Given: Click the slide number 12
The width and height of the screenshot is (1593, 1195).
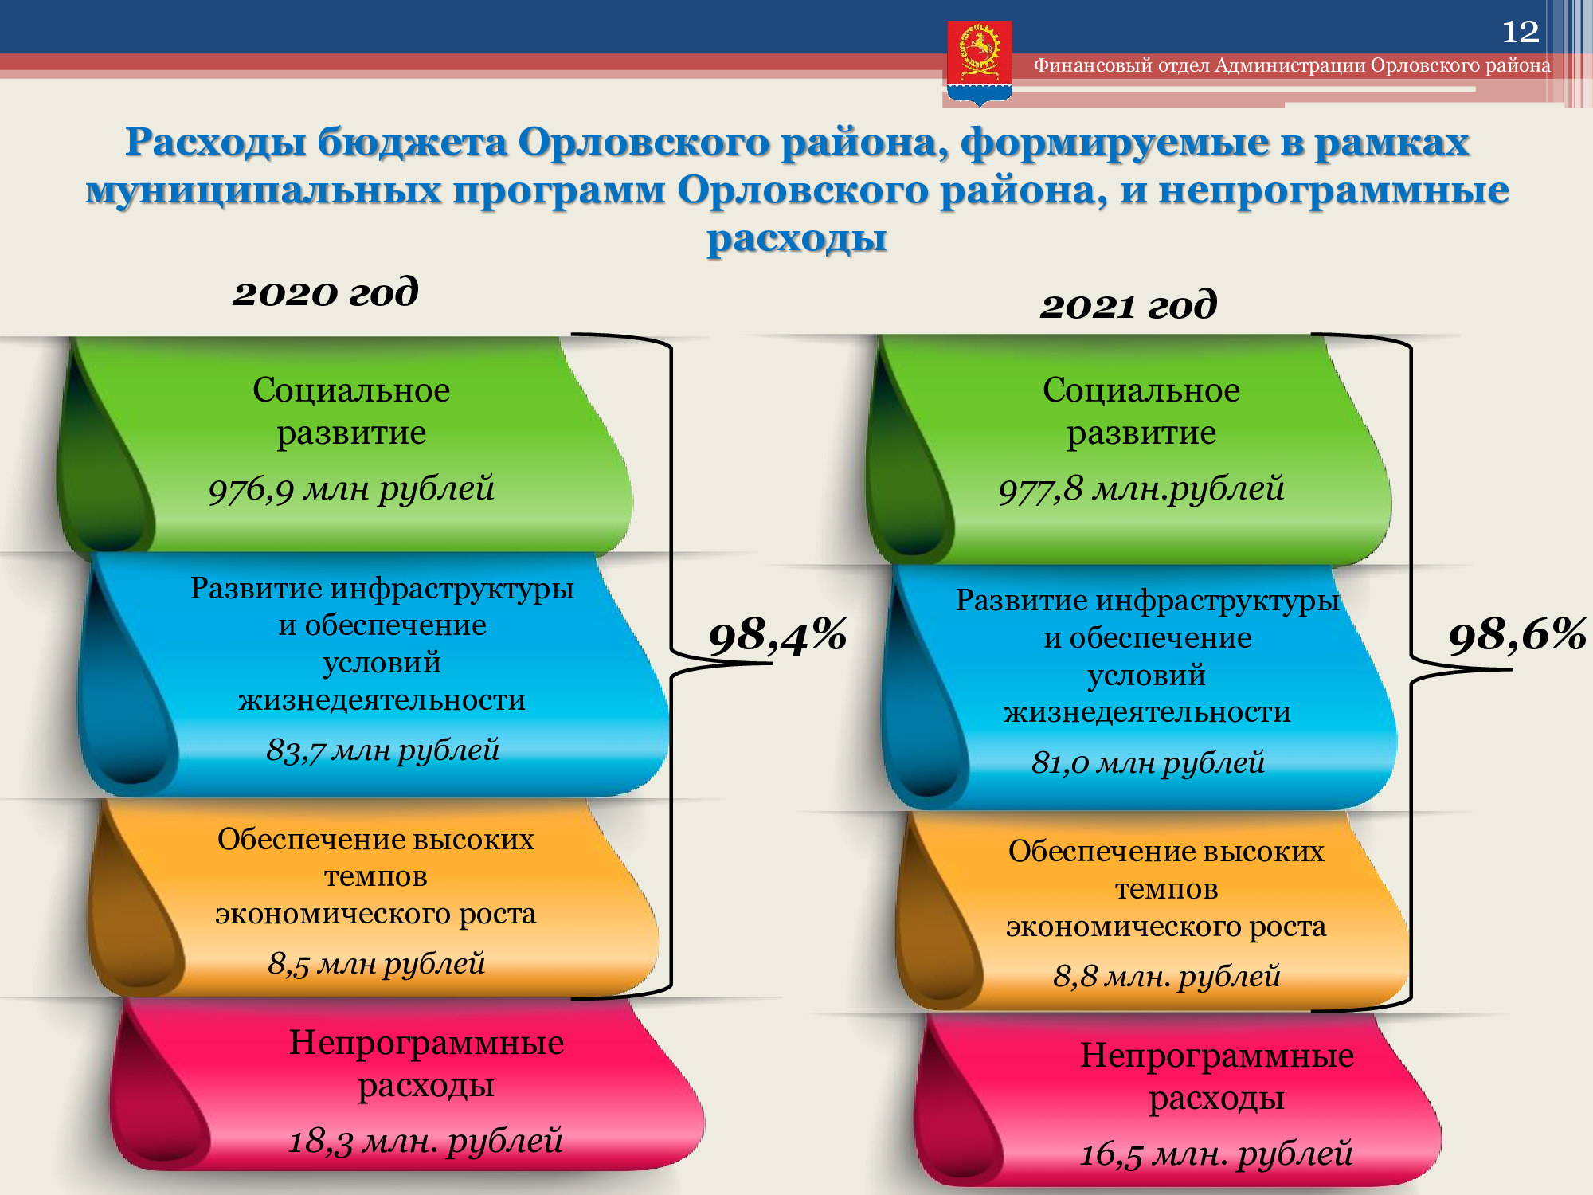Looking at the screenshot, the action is pos(1520,32).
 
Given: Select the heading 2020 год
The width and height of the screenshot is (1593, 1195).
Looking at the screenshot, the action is pos(325,292).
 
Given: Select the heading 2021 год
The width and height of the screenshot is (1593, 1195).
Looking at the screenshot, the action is pos(1129,305).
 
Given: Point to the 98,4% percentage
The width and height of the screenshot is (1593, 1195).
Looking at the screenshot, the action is pos(777,637).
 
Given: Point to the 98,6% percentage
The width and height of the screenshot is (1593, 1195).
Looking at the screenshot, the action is pos(1517,637).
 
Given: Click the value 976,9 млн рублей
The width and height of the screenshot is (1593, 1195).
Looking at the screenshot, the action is pos(351,488).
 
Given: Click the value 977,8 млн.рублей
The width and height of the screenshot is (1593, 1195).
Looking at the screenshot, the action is pos(1141,488).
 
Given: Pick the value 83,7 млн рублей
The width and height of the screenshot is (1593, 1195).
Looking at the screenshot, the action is pos(383,750).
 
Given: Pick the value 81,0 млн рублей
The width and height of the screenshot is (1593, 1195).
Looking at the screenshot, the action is pos(1148,762).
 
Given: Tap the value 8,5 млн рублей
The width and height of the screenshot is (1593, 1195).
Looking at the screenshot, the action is pos(377,963).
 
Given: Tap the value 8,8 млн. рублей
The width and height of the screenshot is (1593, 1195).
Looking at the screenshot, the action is pos(1167,976).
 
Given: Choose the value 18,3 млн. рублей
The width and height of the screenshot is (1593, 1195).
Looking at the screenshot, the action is pos(425,1141).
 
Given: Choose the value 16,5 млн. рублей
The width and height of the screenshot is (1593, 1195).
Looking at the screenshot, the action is pos(1216,1154).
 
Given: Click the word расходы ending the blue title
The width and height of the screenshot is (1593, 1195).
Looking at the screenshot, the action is pos(796,238).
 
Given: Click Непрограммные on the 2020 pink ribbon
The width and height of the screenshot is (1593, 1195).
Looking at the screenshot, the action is pos(426,1043).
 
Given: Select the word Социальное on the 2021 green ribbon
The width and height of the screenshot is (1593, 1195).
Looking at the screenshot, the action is pos(1141,390).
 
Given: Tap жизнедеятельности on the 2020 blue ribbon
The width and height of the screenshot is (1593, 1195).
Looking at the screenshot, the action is pos(382,700).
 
